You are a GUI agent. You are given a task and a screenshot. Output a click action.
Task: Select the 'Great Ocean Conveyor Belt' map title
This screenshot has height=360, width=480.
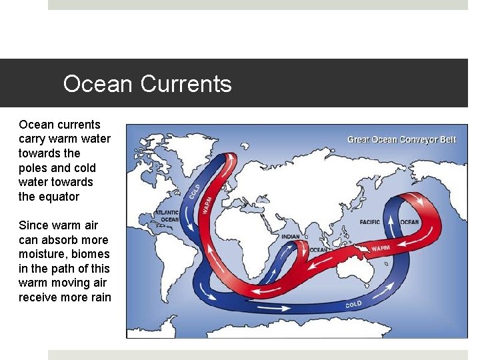[401, 139]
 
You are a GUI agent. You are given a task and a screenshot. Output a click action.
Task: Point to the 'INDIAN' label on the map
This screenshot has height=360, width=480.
[291, 237]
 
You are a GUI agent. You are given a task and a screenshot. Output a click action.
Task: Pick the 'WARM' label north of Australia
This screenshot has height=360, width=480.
[380, 248]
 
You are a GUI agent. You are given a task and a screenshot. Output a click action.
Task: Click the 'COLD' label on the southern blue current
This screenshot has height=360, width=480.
[354, 303]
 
